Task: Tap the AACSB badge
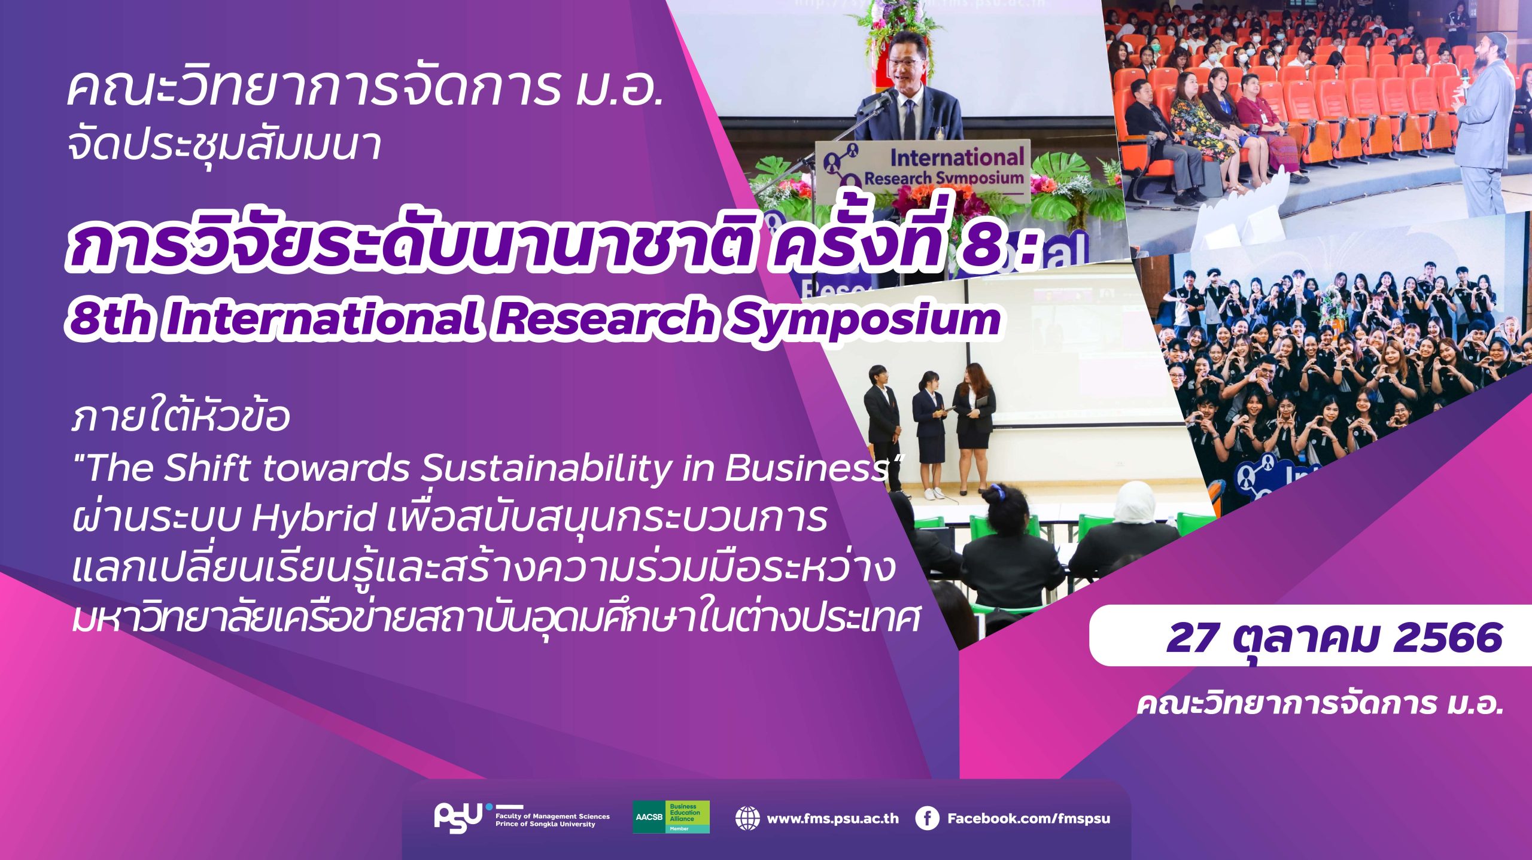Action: tap(671, 817)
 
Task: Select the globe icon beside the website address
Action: tap(747, 818)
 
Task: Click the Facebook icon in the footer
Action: tap(927, 818)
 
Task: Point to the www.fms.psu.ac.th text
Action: tap(832, 818)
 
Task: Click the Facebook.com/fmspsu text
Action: tap(1028, 818)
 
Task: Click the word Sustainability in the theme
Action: tap(545, 468)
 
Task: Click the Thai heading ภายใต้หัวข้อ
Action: tap(180, 416)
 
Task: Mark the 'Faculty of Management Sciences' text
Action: tap(552, 816)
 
